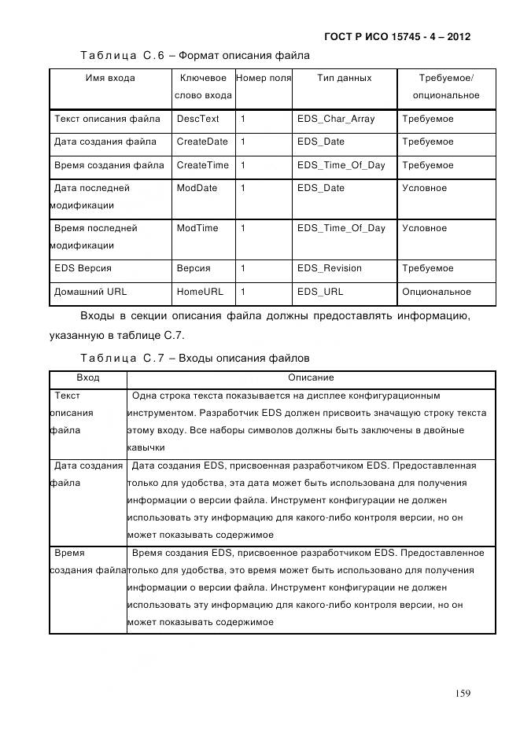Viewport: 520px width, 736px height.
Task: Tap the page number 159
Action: (462, 693)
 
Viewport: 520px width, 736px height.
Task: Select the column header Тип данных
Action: (344, 79)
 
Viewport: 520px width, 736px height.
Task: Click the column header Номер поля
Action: (264, 79)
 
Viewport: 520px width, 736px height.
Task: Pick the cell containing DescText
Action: (197, 119)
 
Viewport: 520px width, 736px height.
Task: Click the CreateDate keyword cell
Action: (202, 142)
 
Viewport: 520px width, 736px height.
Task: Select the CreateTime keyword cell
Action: (202, 165)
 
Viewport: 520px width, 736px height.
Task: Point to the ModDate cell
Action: (197, 188)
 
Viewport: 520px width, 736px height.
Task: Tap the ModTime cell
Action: (197, 228)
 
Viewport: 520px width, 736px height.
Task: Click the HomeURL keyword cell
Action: (200, 292)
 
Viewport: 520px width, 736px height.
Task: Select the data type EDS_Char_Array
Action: (336, 119)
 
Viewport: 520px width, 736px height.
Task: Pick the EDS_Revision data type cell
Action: (329, 268)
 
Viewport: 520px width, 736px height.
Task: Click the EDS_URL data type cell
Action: (320, 292)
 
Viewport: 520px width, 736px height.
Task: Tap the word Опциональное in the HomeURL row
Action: (437, 292)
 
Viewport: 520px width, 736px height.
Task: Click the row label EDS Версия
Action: (83, 268)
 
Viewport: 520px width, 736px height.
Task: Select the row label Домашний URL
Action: (90, 292)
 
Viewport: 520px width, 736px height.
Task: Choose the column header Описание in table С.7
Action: (311, 378)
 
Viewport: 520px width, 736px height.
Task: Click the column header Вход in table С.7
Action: (88, 378)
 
